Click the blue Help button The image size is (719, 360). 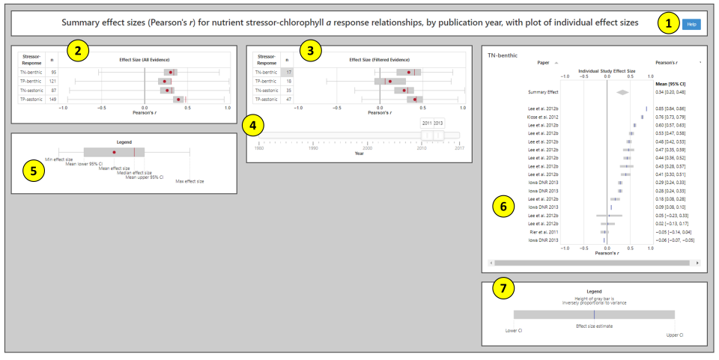691,24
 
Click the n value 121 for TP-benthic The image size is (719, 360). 52,81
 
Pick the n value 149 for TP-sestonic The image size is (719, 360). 52,99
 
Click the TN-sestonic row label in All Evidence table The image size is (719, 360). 32,90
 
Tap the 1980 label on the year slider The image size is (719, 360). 259,148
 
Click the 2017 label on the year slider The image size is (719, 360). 459,148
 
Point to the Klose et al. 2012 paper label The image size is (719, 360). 543,117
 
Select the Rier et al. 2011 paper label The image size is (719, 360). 544,232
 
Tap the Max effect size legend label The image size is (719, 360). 189,181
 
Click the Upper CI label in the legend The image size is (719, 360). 674,335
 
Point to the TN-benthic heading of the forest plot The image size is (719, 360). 503,55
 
